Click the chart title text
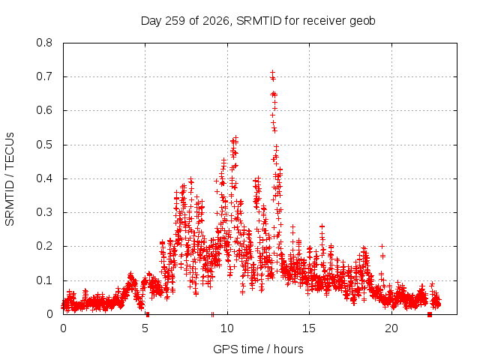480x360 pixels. [x=258, y=21]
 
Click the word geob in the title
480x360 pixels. [x=362, y=21]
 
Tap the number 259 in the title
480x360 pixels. [x=175, y=21]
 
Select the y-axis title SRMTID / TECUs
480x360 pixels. [x=10, y=179]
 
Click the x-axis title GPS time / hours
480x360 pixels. [x=258, y=349]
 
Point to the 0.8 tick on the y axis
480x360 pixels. [x=44, y=43]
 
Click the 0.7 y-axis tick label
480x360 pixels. [x=44, y=76]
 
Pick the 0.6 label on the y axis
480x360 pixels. [x=44, y=110]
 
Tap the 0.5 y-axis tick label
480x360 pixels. [x=44, y=145]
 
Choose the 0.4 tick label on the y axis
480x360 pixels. [x=44, y=178]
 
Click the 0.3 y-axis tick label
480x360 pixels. [x=44, y=212]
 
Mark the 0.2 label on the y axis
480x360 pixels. [x=44, y=246]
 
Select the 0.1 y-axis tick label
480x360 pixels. [x=44, y=280]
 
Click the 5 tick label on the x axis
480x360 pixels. [x=145, y=328]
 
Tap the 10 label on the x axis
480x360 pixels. [x=227, y=328]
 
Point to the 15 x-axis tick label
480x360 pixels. [x=309, y=328]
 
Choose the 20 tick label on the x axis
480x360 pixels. [x=391, y=328]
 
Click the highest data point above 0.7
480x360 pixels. [x=272, y=73]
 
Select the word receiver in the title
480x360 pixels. [x=325, y=21]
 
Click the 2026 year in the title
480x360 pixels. [x=216, y=21]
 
